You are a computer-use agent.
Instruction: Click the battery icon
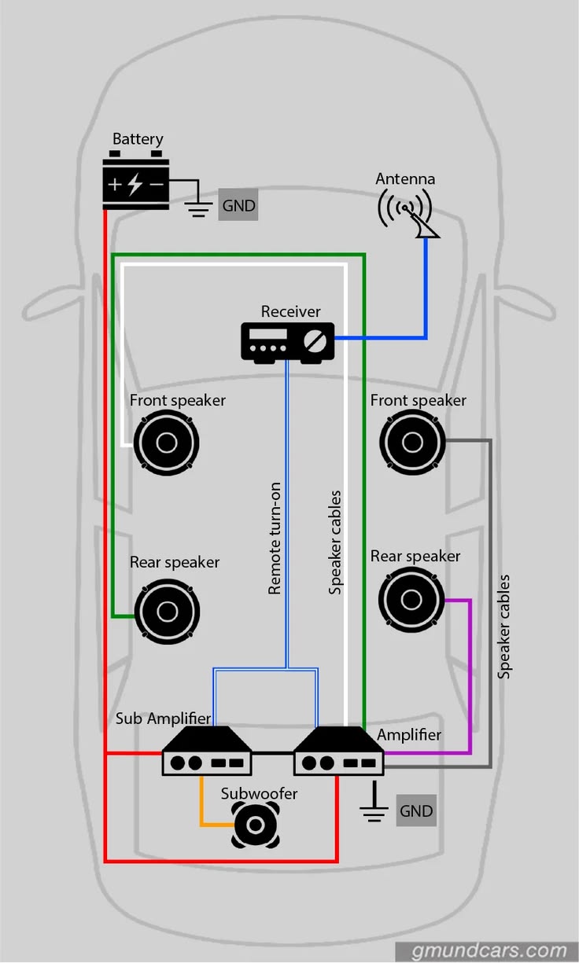[135, 180]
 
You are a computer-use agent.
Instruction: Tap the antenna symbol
[408, 213]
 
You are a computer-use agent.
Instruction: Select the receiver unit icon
[287, 342]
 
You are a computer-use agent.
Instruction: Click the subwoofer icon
[256, 825]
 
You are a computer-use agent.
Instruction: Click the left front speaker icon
[167, 443]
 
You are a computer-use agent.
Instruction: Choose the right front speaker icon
[412, 442]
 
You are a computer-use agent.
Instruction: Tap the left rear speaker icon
[168, 611]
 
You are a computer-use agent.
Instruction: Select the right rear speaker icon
[411, 599]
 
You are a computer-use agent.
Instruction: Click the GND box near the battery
[238, 204]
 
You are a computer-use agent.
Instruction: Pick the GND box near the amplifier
[416, 810]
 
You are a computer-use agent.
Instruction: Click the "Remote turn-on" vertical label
[275, 538]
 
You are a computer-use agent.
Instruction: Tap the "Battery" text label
[138, 139]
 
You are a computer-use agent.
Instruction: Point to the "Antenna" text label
[405, 179]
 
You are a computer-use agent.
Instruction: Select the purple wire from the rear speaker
[470, 675]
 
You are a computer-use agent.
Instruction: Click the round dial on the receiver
[315, 341]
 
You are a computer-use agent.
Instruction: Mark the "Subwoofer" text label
[259, 793]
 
